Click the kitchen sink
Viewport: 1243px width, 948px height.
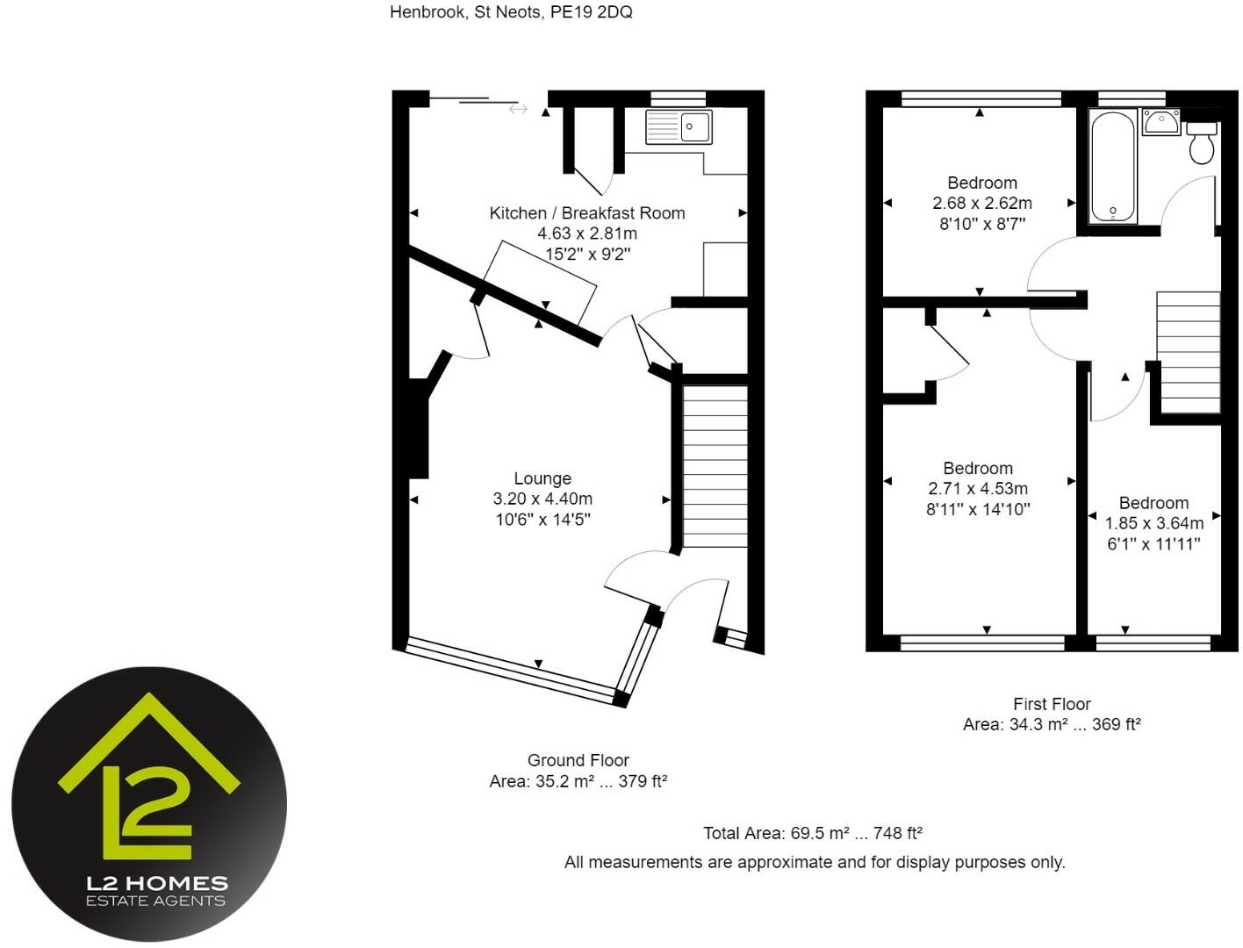679,126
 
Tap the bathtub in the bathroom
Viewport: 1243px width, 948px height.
1112,166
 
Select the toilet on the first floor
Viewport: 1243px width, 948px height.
1203,143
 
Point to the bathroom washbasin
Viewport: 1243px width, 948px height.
1161,122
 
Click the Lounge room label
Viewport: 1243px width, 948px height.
542,478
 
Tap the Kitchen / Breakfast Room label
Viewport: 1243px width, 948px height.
586,212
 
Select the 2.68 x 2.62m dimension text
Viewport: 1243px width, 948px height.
981,203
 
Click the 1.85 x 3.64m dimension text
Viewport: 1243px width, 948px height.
1153,523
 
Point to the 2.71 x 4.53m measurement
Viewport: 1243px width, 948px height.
978,489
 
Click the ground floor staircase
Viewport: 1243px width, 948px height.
715,465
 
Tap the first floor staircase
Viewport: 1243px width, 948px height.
1189,351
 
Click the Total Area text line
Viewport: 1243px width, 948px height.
812,833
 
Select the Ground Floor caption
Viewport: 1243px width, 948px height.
578,760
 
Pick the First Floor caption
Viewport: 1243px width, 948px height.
1052,704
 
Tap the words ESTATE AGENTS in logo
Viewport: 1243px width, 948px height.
155,901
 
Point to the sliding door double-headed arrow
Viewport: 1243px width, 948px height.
518,109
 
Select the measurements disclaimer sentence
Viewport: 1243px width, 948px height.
815,862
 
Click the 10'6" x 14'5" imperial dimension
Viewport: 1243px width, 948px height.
542,519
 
